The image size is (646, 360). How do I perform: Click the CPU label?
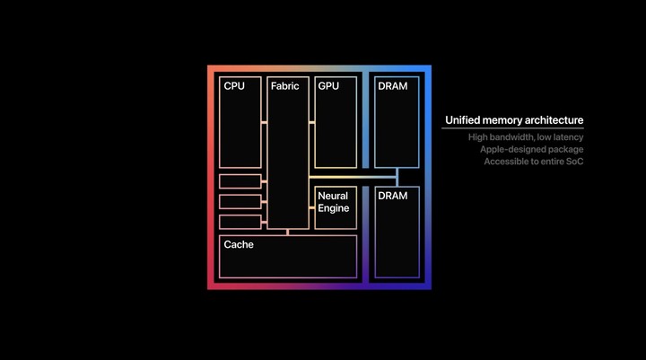[x=234, y=86]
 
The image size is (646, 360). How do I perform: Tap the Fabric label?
[x=284, y=86]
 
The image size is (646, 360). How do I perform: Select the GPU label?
[x=328, y=86]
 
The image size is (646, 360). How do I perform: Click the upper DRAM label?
[x=393, y=86]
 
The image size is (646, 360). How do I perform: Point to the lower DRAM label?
[x=393, y=196]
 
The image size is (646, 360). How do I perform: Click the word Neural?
[x=333, y=196]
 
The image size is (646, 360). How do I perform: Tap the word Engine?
[x=333, y=208]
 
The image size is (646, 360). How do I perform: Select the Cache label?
[x=239, y=244]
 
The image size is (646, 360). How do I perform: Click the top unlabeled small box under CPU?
[x=240, y=181]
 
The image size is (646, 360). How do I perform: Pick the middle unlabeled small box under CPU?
[x=240, y=202]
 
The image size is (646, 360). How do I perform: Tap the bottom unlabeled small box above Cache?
[x=240, y=222]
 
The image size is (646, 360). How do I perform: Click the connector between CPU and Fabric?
[x=264, y=122]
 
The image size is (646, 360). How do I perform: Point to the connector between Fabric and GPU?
[x=312, y=122]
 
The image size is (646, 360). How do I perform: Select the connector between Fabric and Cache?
[x=288, y=233]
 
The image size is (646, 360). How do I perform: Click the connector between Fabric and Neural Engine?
[x=312, y=208]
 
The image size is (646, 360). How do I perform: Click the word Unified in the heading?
[x=462, y=120]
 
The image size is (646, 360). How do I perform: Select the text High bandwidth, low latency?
[x=526, y=137]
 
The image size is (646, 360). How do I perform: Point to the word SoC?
[x=575, y=162]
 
